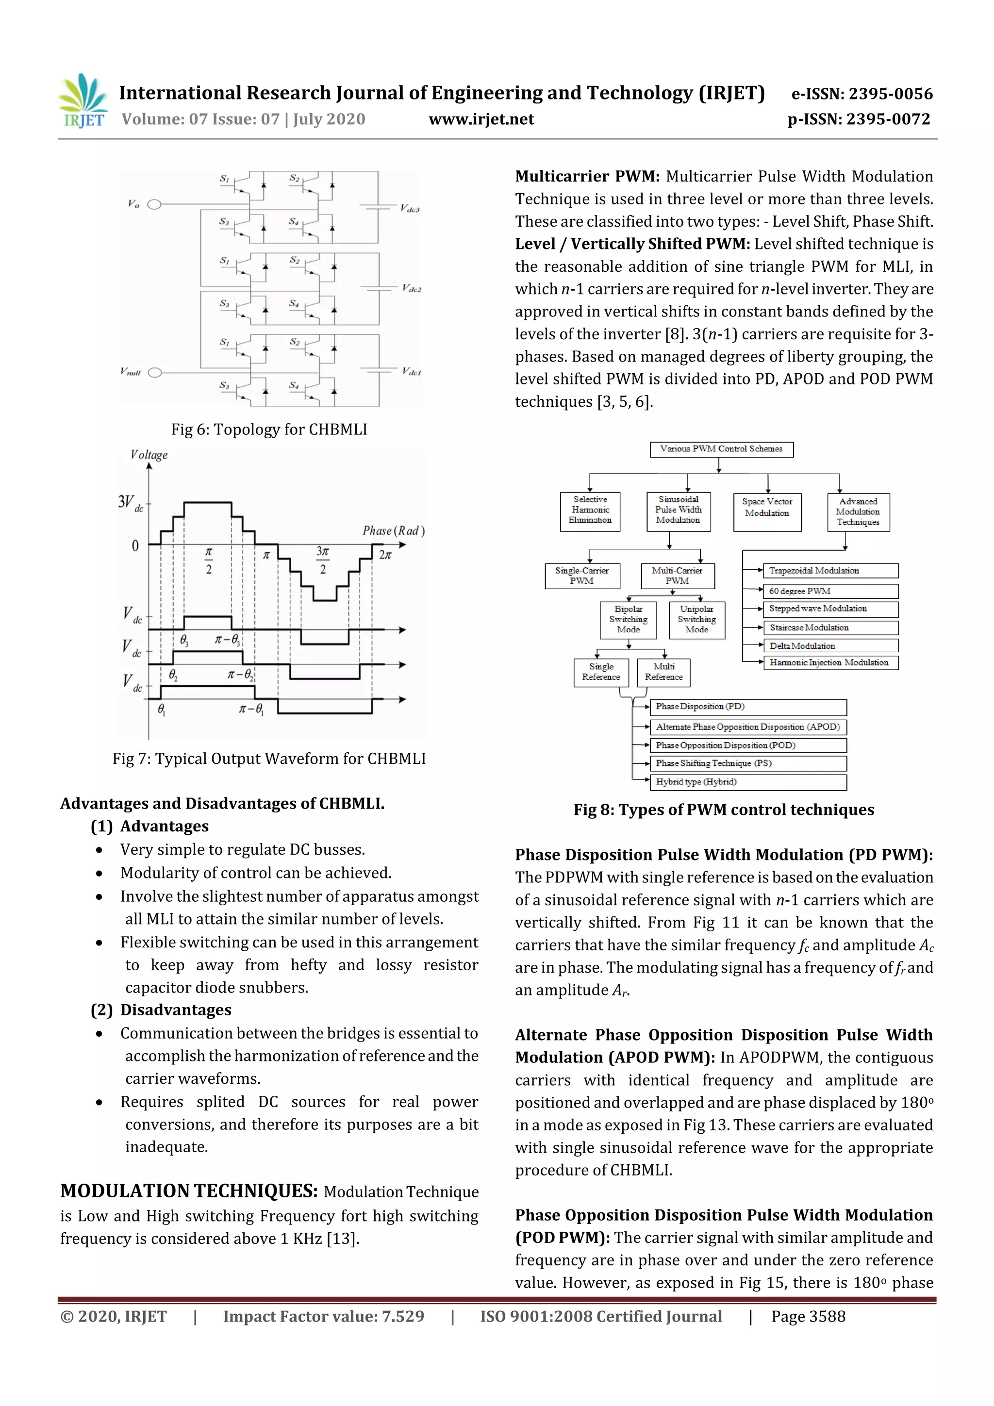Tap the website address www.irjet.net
click(x=481, y=119)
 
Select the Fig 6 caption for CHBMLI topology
click(x=269, y=429)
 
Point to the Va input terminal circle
click(x=155, y=204)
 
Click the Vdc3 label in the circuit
click(x=410, y=209)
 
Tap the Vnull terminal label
click(x=131, y=372)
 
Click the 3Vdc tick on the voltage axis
click(x=131, y=503)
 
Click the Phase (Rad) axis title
click(x=393, y=530)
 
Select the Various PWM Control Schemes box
click(x=721, y=449)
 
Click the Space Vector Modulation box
click(x=767, y=512)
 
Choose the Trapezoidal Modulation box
click(x=830, y=571)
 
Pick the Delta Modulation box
click(x=830, y=645)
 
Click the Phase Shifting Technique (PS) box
click(x=747, y=763)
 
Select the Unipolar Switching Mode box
click(x=696, y=619)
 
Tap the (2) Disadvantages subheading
click(x=161, y=1010)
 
